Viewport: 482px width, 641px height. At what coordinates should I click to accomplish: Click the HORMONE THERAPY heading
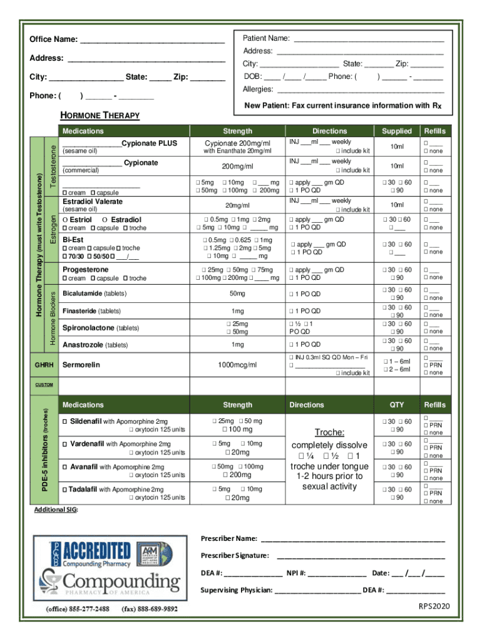click(x=100, y=116)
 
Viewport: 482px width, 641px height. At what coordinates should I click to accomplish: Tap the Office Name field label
click(x=54, y=39)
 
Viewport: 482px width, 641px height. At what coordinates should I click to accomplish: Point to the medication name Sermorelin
click(x=81, y=364)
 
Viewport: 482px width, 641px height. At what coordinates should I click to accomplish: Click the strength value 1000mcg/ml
click(x=237, y=365)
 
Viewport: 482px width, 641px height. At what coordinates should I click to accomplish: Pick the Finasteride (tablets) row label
click(x=92, y=311)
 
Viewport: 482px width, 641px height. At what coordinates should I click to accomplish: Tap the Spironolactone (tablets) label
click(x=101, y=328)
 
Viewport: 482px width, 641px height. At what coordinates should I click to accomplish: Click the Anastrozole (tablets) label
click(x=95, y=345)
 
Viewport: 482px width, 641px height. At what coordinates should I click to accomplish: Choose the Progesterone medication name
click(x=86, y=270)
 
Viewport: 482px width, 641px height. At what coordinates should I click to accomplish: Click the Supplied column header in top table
click(x=397, y=131)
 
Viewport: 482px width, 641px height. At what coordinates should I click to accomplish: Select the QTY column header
click(x=397, y=405)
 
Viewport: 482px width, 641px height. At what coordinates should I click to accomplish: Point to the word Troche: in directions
click(x=329, y=433)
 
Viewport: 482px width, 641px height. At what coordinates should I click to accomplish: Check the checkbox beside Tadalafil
click(x=65, y=489)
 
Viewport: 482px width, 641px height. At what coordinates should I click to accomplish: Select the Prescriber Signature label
click(x=235, y=555)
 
